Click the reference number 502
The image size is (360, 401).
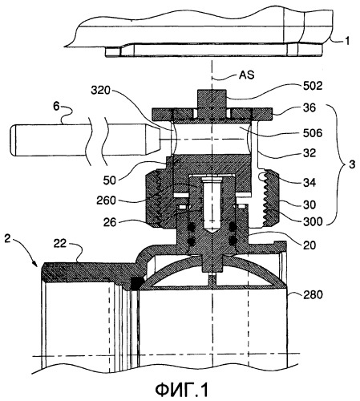tap(313, 86)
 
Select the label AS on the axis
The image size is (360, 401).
tap(246, 75)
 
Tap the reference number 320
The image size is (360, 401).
tap(100, 91)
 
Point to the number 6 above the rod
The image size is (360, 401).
tap(56, 107)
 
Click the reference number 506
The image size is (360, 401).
tap(313, 133)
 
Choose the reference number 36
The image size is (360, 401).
tap(309, 107)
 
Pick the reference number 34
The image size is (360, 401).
tap(309, 183)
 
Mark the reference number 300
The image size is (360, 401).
tap(313, 221)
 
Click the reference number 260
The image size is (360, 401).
tap(106, 200)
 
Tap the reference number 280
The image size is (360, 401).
tap(313, 295)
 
